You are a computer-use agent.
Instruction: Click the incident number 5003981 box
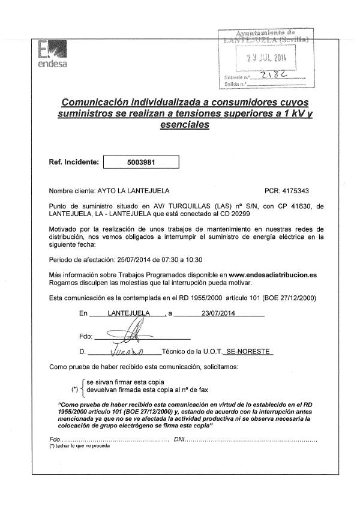(x=142, y=162)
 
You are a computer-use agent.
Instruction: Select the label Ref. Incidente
(x=73, y=163)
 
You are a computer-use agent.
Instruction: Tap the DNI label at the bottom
(x=178, y=440)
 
